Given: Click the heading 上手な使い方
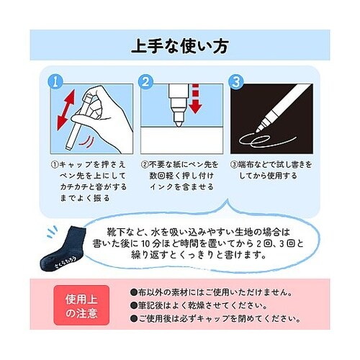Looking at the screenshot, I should click(179, 48).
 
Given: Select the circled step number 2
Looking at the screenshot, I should click(145, 80).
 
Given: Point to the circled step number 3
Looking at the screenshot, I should click(234, 80).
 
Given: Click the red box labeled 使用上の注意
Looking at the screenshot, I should click(81, 306).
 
